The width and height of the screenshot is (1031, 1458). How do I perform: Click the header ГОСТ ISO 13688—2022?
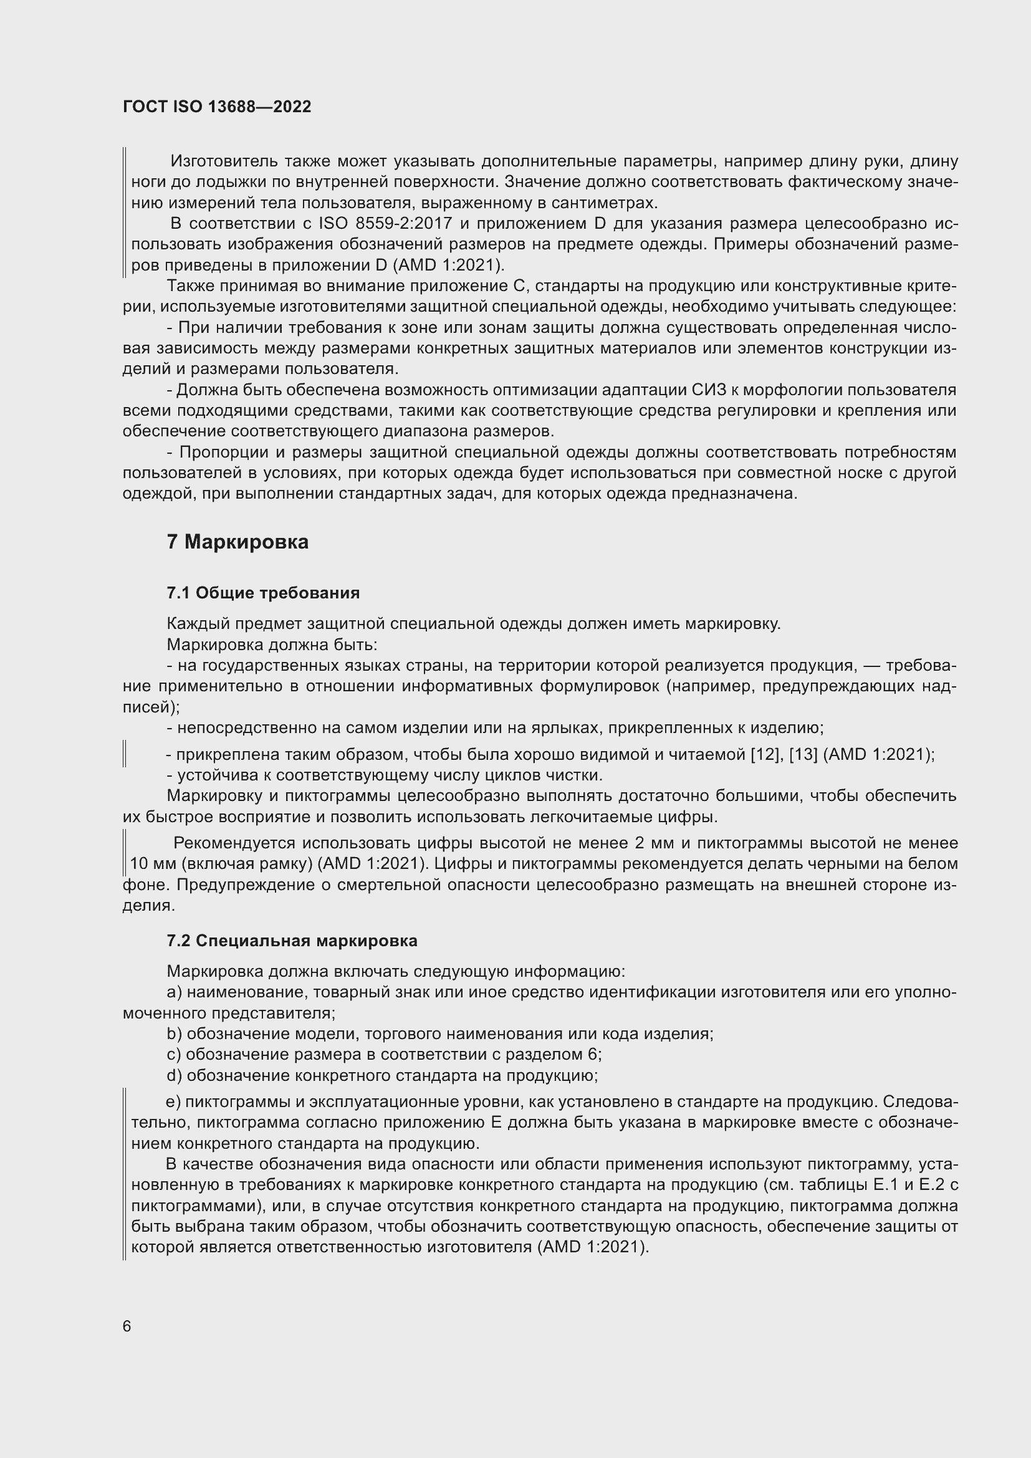pyautogui.click(x=217, y=107)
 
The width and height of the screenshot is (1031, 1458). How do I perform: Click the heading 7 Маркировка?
pyautogui.click(x=237, y=542)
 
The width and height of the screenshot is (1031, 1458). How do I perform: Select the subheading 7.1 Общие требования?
pyautogui.click(x=263, y=592)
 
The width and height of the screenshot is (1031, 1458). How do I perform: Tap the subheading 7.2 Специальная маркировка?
pyautogui.click(x=292, y=941)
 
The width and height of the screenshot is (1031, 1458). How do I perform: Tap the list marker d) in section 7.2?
pyautogui.click(x=174, y=1075)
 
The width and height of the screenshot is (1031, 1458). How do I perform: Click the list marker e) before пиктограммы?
pyautogui.click(x=173, y=1101)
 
